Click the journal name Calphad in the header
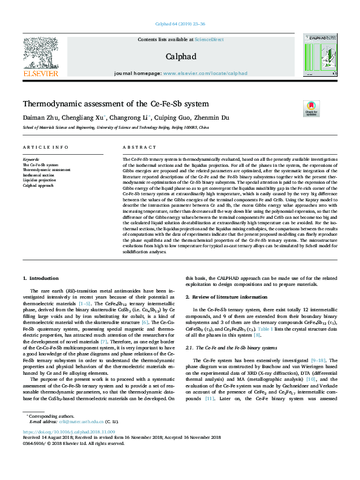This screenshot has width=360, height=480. coord(180,56)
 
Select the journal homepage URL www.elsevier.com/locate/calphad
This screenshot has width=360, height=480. coord(205,73)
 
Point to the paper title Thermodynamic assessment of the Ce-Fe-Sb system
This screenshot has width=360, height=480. coord(116,104)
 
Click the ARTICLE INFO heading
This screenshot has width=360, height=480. coord(45,148)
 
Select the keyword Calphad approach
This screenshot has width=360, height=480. coord(39,185)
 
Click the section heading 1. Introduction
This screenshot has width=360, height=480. coord(41,278)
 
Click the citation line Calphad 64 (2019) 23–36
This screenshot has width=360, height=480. coord(180,24)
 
